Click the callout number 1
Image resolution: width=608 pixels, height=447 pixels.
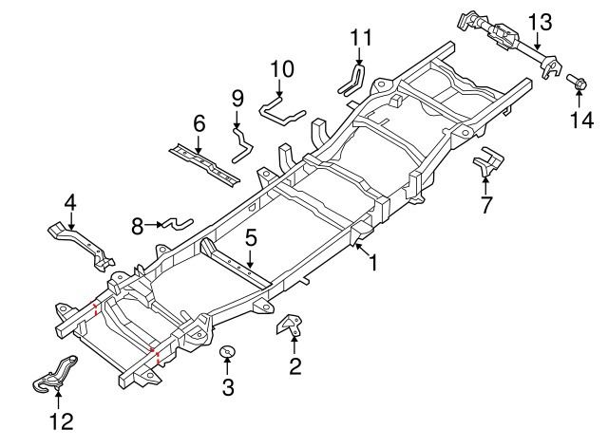(373, 263)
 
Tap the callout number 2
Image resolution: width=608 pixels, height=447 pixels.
(295, 365)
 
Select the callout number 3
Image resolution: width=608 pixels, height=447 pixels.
(227, 386)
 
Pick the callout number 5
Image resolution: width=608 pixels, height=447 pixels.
(251, 238)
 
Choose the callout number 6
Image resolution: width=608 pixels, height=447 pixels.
(199, 123)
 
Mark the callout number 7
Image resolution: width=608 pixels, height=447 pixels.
(485, 203)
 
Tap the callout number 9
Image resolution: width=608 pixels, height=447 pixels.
(237, 98)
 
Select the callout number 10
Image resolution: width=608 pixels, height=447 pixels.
(282, 69)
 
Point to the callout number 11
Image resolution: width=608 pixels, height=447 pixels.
(359, 38)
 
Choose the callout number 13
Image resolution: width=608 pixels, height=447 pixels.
(539, 21)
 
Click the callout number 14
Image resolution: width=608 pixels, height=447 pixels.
(580, 120)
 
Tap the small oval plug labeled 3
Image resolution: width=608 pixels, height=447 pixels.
(227, 353)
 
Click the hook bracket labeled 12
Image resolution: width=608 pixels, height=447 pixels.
(54, 372)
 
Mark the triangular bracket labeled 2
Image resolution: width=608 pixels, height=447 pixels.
(289, 327)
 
